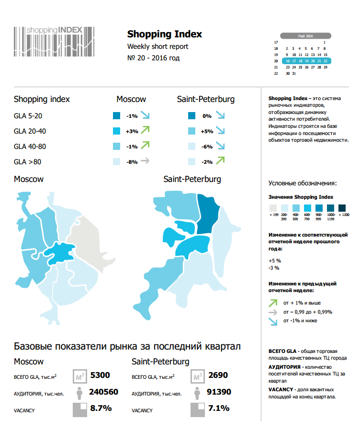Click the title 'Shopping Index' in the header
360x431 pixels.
click(x=164, y=34)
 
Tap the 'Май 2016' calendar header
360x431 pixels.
click(x=305, y=36)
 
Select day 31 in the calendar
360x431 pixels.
click(x=293, y=74)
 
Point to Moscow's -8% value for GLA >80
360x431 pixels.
click(x=132, y=162)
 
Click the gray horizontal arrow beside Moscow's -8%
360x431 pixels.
click(x=145, y=161)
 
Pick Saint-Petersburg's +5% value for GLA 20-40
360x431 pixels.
click(x=207, y=131)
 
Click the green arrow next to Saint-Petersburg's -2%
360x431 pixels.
click(x=220, y=161)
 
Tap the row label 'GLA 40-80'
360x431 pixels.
click(x=30, y=146)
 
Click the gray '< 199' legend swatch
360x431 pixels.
click(x=273, y=208)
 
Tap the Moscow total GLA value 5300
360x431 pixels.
click(x=100, y=375)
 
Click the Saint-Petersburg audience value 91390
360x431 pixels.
click(x=218, y=392)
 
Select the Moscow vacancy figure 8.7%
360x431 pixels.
click(x=101, y=408)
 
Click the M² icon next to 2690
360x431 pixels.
click(x=197, y=376)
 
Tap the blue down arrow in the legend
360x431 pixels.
click(x=273, y=320)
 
